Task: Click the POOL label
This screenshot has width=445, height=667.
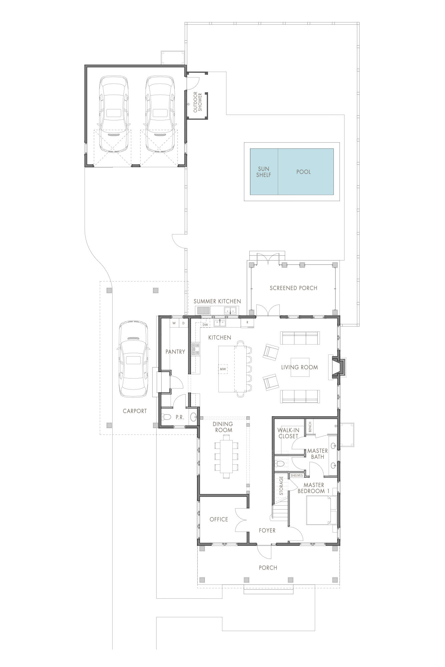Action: point(303,172)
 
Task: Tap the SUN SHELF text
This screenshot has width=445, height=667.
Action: point(263,172)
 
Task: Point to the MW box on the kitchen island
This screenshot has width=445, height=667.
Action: point(223,369)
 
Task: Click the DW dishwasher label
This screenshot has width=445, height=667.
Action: point(205,324)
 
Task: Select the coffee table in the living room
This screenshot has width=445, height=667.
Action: point(300,367)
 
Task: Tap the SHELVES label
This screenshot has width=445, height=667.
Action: point(296,475)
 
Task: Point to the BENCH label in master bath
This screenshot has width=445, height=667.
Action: point(310,427)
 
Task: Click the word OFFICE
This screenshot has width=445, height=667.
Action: point(219,519)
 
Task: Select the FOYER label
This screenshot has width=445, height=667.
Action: point(267,530)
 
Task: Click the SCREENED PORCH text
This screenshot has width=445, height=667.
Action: point(293,288)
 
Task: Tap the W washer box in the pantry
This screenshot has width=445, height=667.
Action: point(174,323)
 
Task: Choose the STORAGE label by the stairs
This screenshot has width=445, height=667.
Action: point(281,486)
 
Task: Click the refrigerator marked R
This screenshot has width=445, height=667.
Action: point(247,322)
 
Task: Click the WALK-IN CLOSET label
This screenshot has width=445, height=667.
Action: point(288,433)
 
